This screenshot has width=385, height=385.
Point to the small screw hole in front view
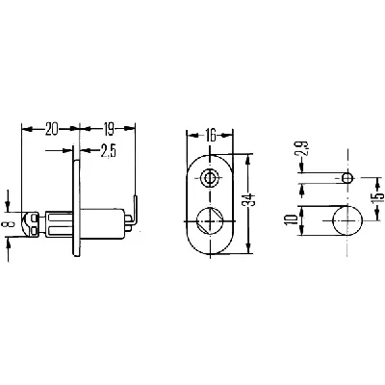point(208,177)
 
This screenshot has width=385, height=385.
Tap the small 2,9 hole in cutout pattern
point(346,177)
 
